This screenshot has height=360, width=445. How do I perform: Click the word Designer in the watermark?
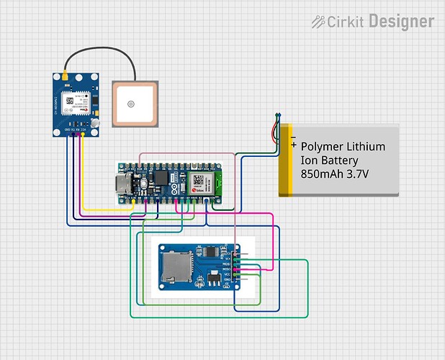pyautogui.click(x=401, y=22)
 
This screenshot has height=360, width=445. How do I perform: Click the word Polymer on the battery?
pyautogui.click(x=321, y=147)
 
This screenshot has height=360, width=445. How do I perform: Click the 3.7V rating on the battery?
pyautogui.click(x=357, y=174)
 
